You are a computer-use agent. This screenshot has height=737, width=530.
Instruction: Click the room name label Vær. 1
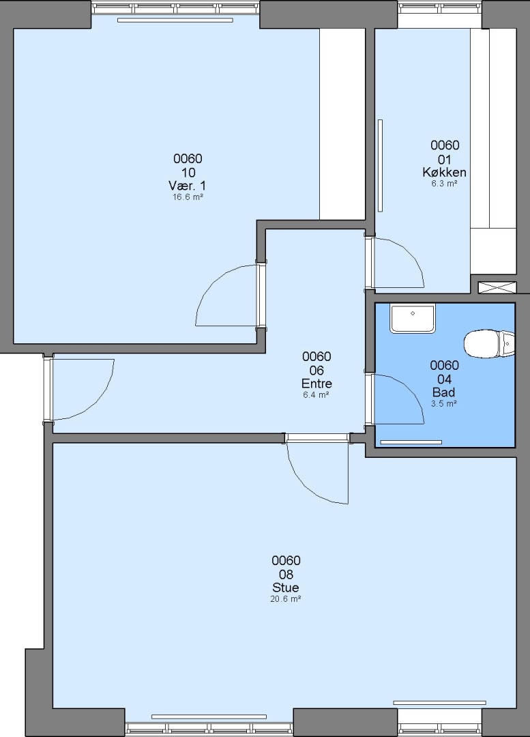[187, 185]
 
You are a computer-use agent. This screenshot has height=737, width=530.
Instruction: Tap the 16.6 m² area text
[188, 197]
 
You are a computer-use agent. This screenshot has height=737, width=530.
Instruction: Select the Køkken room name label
[445, 172]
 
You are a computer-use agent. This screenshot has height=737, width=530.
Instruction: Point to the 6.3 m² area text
[445, 184]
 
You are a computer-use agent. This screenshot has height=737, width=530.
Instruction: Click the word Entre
[316, 383]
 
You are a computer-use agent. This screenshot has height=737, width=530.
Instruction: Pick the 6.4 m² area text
[316, 395]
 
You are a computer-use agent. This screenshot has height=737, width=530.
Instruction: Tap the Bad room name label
[443, 392]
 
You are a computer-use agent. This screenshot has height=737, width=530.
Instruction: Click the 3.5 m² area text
[444, 403]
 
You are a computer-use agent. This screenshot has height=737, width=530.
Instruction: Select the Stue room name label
[286, 588]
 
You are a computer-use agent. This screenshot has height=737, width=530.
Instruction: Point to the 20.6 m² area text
[286, 599]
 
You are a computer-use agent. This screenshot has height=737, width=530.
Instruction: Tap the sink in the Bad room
[413, 318]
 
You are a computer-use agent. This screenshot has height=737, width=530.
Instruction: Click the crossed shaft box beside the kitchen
[497, 288]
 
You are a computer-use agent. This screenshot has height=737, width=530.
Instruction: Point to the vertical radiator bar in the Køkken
[380, 165]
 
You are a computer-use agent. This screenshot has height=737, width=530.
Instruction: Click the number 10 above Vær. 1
[188, 172]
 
